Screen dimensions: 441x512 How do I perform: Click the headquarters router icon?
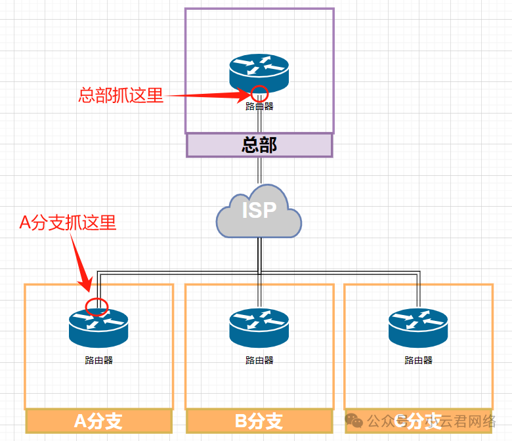tap(259, 72)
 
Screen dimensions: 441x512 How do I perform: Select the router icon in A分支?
tap(98, 326)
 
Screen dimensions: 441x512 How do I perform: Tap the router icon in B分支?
tap(259, 327)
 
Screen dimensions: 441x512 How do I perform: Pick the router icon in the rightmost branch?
tap(418, 327)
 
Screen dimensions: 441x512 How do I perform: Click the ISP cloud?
tap(259, 211)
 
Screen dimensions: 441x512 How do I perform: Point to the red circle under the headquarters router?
tap(260, 93)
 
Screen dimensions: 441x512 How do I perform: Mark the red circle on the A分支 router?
tap(96, 306)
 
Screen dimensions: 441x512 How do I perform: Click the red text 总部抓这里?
tap(120, 95)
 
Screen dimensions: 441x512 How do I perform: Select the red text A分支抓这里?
tap(68, 223)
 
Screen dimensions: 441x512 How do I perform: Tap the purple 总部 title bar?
tap(259, 145)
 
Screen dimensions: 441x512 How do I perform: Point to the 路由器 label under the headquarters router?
tap(259, 106)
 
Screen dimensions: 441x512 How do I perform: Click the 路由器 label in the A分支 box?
tap(98, 360)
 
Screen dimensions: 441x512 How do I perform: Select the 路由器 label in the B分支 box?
tap(259, 360)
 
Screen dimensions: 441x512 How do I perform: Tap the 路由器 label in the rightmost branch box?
tap(418, 360)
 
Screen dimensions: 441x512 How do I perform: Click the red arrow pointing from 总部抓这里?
tap(203, 96)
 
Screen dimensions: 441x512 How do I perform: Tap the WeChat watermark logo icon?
tap(355, 420)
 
